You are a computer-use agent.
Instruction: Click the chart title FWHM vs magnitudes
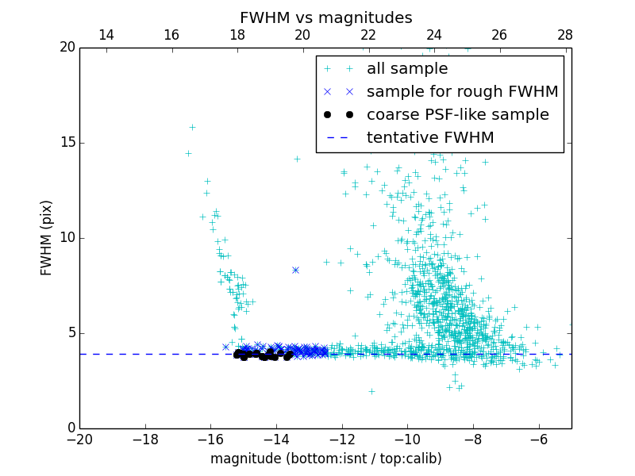(x=325, y=17)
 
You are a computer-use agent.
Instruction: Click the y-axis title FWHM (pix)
(x=47, y=237)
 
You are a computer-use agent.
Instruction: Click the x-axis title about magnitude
(x=325, y=459)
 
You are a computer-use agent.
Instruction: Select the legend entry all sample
(x=407, y=69)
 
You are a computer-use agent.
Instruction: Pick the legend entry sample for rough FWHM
(x=462, y=91)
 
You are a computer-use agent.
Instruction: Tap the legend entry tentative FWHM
(x=430, y=137)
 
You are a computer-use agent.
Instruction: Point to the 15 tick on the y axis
(x=68, y=143)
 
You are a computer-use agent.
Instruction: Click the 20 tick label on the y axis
(x=67, y=48)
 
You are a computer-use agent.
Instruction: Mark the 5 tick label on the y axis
(x=71, y=332)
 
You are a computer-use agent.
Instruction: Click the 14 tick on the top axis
(x=106, y=35)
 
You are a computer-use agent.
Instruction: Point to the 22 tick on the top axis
(x=368, y=35)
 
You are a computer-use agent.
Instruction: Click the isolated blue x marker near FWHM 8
(x=295, y=270)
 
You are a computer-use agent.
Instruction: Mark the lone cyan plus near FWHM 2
(x=371, y=391)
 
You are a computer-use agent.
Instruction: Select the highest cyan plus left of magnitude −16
(x=192, y=127)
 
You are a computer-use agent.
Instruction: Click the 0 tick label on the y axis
(x=71, y=428)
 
